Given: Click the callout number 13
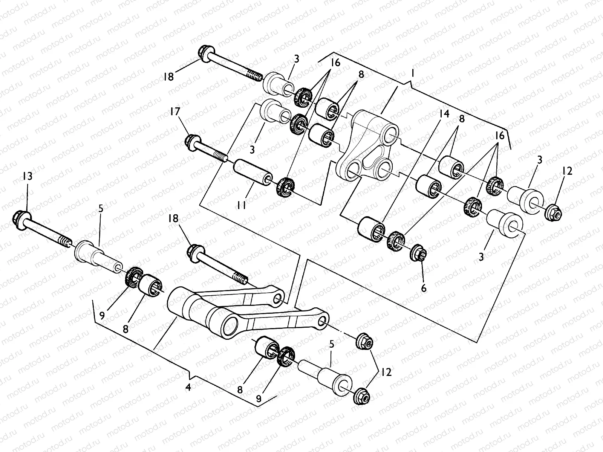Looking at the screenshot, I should pos(27,176).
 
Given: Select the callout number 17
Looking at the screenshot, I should pos(175,111).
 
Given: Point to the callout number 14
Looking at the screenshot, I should pos(444,113).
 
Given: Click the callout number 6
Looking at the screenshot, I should pos(424,288).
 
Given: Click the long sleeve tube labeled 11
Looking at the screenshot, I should pos(253,173).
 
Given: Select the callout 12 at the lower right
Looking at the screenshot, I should pos(386,372).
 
